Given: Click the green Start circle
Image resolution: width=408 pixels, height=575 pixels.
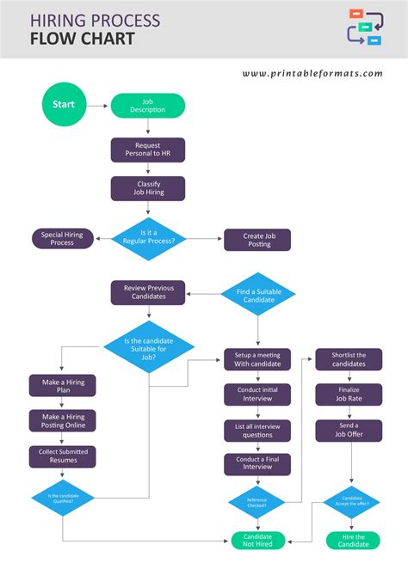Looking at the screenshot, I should coord(64,105).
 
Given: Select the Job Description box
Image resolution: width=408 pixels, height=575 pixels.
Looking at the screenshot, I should coord(147,106).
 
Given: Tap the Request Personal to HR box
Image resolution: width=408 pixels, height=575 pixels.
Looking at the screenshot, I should coord(147,150).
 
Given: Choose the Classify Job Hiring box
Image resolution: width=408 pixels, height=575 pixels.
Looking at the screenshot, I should coord(147,188).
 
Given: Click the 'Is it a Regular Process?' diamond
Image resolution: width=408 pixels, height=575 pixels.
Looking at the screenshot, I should coord(150,236).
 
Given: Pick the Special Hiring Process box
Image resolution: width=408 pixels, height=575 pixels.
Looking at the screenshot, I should coord(62,238).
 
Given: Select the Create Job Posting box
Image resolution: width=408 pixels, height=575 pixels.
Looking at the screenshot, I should coord(257,240).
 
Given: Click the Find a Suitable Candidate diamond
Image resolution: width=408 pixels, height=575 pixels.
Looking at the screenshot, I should coord(258,296).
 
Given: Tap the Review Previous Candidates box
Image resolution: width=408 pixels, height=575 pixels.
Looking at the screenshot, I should coord(147,292).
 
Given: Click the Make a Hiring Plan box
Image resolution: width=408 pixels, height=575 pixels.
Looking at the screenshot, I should coord(62,385).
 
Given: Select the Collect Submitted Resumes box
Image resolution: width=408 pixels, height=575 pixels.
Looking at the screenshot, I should coord(62,456).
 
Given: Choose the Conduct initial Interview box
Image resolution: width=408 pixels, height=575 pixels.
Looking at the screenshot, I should coord(257,394).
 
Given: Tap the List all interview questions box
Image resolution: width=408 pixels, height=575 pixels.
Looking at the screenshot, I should coord(257,430).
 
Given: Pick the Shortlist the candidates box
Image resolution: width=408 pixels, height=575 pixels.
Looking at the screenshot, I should coord(348,359).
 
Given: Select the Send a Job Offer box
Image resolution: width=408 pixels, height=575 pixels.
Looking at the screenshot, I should coord(348,430).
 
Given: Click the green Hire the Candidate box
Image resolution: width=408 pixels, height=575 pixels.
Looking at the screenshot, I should coord(348,540).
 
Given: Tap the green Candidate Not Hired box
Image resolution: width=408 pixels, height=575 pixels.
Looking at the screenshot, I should coord(257,540).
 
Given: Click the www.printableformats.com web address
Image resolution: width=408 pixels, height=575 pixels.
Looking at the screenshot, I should coord(312,73).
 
